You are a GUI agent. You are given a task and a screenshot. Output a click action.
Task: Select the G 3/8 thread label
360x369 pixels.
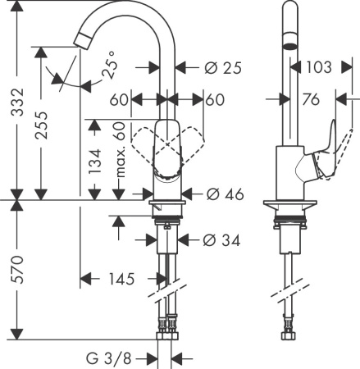tap(112, 358)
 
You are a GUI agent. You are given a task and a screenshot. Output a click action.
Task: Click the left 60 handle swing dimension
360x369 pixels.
tap(120, 100)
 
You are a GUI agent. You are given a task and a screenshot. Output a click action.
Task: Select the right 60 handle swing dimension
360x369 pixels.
tap(215, 100)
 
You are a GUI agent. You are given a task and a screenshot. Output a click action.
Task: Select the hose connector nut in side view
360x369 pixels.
tap(288, 334)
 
